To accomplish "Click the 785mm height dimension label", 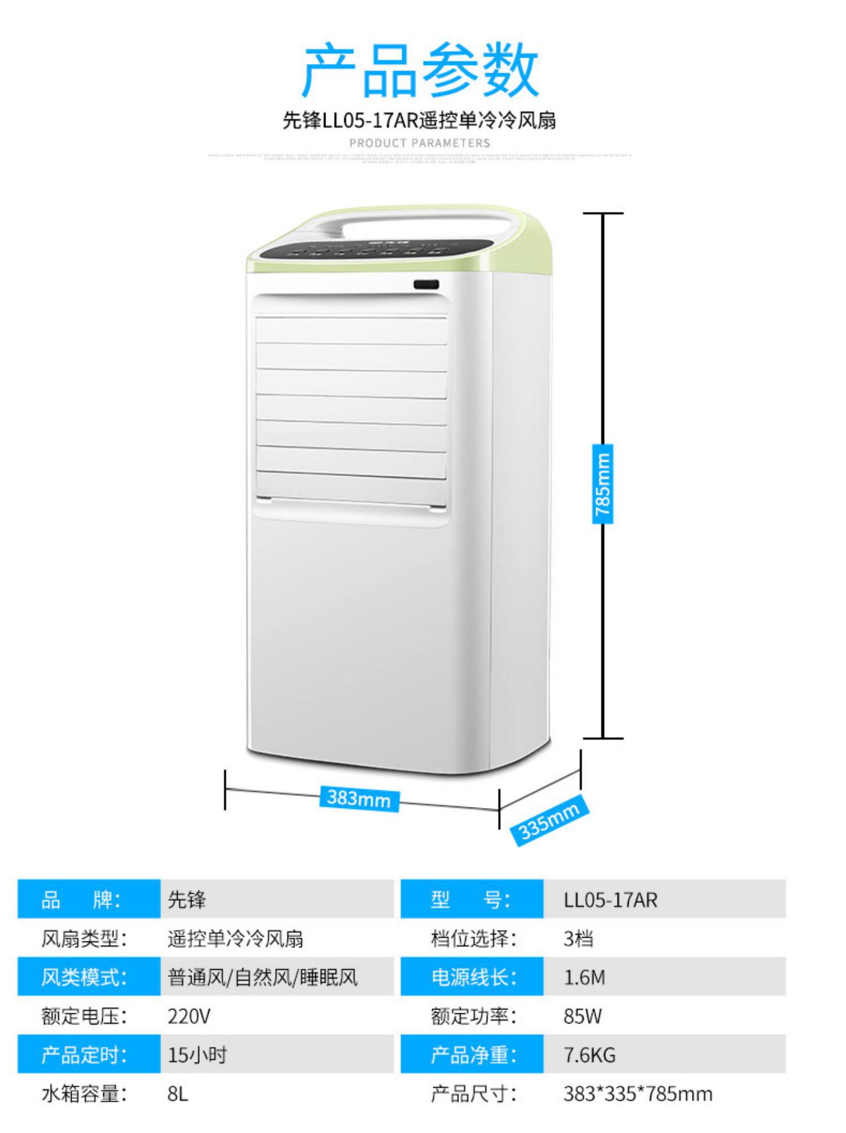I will (602, 484).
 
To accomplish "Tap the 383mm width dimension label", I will (359, 798).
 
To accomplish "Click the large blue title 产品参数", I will (420, 71).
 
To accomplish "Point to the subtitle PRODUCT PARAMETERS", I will (420, 143).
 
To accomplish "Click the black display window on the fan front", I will (426, 285).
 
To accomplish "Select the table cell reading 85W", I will (583, 1016).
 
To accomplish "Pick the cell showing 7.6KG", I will (589, 1055).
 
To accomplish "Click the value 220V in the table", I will (189, 1016).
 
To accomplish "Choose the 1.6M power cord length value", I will (584, 977).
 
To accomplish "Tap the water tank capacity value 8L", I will (178, 1094).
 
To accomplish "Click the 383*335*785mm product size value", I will (638, 1094).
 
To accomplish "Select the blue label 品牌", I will (81, 899).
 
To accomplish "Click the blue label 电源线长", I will (473, 977).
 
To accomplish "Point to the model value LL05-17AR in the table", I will (610, 899).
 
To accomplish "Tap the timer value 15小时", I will (197, 1055).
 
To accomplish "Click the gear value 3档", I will (578, 938).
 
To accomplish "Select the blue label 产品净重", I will (473, 1055).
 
